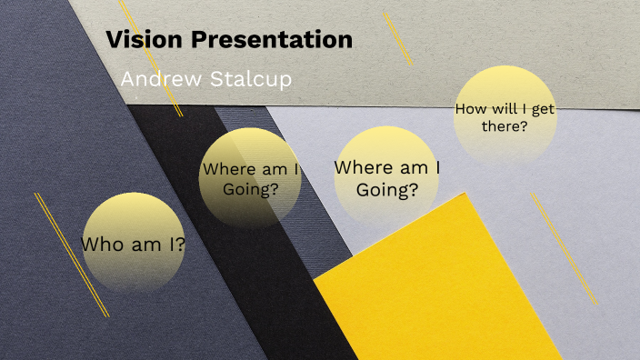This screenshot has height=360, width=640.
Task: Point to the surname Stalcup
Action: coord(249,80)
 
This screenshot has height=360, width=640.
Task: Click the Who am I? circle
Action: coord(134,243)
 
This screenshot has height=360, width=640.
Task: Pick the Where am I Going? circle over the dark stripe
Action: coord(250,177)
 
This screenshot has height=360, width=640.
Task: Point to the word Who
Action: coord(101,245)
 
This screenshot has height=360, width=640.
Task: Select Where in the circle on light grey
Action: coord(363,167)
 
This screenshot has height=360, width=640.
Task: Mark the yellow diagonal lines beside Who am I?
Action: coord(71,255)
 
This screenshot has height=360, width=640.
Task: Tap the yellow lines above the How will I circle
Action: coord(397,38)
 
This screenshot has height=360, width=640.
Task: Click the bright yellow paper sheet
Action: coord(436,291)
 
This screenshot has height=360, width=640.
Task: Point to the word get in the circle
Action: coord(544,108)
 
